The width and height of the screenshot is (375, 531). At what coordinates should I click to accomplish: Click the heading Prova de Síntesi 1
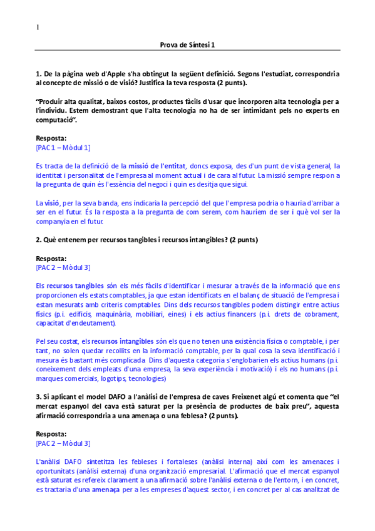tap(187, 45)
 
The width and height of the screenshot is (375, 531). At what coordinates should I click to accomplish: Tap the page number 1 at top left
tap(37, 27)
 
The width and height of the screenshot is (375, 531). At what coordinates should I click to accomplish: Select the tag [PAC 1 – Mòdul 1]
tap(63, 147)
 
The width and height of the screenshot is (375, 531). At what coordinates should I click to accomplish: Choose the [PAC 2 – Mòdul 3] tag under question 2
tap(63, 267)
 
